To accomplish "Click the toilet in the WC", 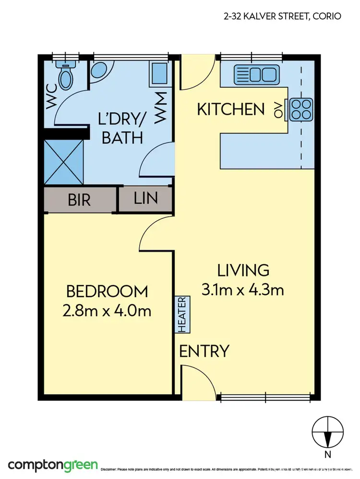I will (x=64, y=75).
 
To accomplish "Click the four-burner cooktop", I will (x=300, y=109).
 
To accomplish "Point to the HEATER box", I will (x=183, y=314).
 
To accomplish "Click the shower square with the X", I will (x=63, y=162).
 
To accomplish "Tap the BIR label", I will (x=79, y=200).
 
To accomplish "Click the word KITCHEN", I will (x=231, y=109).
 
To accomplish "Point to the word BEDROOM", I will (x=107, y=291).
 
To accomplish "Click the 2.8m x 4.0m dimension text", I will (x=107, y=311).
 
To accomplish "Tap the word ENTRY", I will (x=204, y=351).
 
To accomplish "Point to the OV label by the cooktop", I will (x=277, y=110).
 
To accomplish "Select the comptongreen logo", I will (x=53, y=465).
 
